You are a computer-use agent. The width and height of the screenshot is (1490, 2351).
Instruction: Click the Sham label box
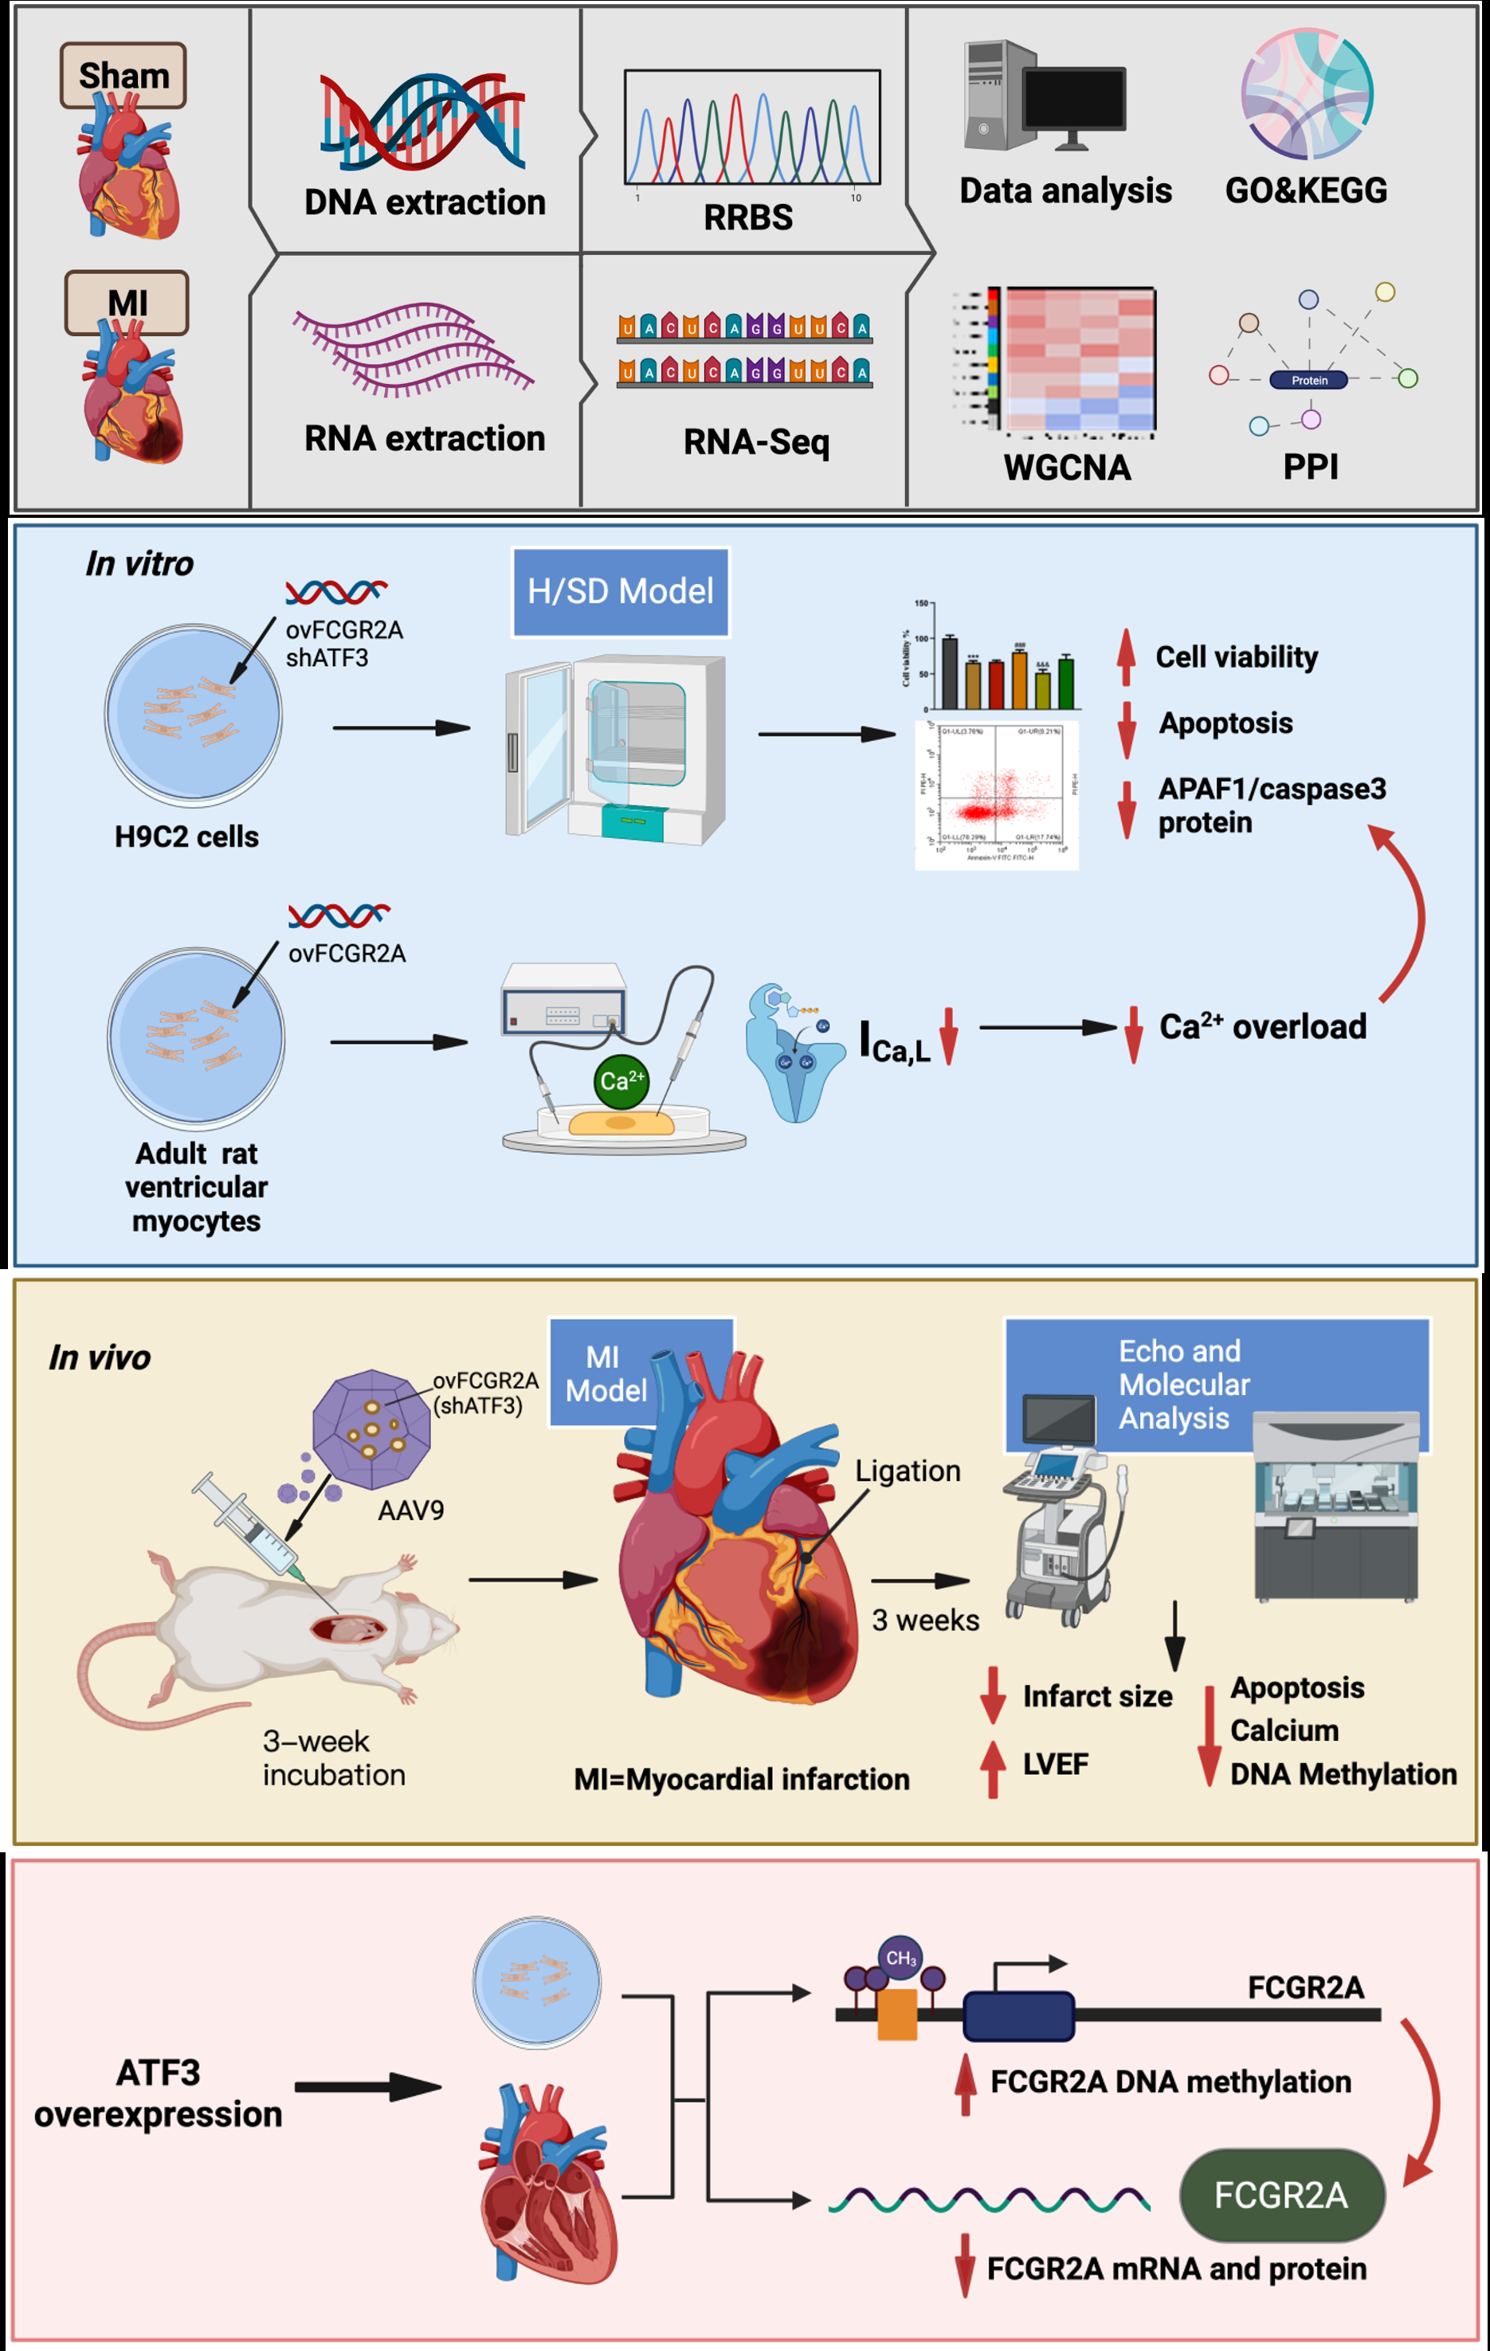click(x=123, y=75)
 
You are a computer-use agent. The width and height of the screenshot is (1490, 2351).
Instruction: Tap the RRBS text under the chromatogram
click(x=748, y=217)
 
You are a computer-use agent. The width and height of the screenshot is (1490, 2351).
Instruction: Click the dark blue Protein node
click(x=1308, y=380)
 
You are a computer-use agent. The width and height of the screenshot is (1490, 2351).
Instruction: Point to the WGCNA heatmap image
click(x=1079, y=359)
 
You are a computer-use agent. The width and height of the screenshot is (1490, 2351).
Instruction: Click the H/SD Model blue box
click(x=620, y=592)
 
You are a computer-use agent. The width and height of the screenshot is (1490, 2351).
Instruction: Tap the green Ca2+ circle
click(x=621, y=1081)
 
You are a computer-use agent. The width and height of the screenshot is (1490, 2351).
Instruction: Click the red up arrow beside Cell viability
click(x=1126, y=656)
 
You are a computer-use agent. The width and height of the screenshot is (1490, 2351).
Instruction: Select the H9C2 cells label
click(x=186, y=837)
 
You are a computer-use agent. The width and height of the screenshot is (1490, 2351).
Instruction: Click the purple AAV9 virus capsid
click(x=371, y=1429)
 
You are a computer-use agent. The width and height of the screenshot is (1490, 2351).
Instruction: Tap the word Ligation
click(x=907, y=1471)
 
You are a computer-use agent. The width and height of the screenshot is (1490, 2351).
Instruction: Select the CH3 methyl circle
click(x=900, y=1957)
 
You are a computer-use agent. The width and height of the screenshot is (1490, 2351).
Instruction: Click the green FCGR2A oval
click(x=1281, y=2195)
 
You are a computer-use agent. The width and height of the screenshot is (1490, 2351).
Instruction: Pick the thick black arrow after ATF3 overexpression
click(x=367, y=2087)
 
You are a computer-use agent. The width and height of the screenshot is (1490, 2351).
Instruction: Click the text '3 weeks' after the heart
click(x=924, y=1620)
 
